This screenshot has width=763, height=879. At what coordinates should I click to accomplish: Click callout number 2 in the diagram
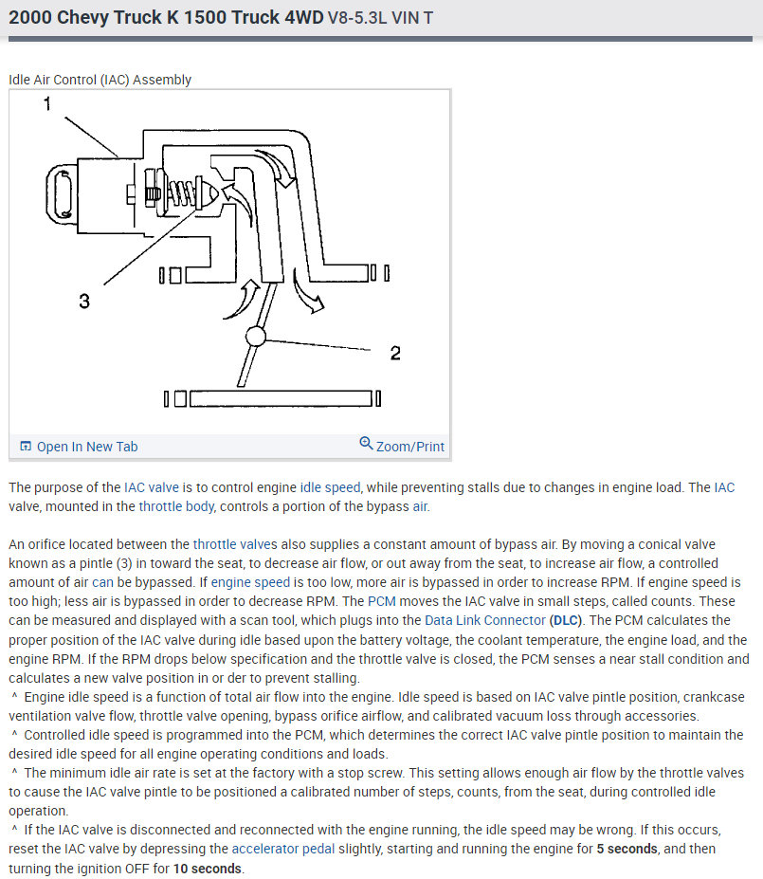click(x=395, y=353)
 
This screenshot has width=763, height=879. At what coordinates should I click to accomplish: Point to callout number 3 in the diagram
click(x=84, y=301)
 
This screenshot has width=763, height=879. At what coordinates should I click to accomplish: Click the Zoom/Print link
click(x=409, y=447)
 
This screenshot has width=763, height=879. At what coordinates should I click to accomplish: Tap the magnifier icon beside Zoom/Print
click(x=366, y=444)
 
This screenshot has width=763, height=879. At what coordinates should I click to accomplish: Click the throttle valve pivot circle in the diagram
click(x=256, y=336)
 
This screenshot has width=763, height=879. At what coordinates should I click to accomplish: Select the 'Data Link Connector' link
click(x=484, y=620)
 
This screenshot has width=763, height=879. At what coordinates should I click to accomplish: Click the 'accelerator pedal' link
click(x=283, y=849)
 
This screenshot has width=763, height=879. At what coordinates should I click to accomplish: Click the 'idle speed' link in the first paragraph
click(x=330, y=487)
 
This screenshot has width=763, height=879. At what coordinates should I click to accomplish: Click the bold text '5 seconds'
click(x=628, y=849)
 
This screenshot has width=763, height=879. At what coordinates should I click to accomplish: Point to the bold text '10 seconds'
click(x=206, y=868)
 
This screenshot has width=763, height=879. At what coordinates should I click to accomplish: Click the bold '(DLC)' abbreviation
click(x=567, y=620)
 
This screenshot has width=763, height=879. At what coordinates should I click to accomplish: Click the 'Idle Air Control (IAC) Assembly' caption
click(x=100, y=80)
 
